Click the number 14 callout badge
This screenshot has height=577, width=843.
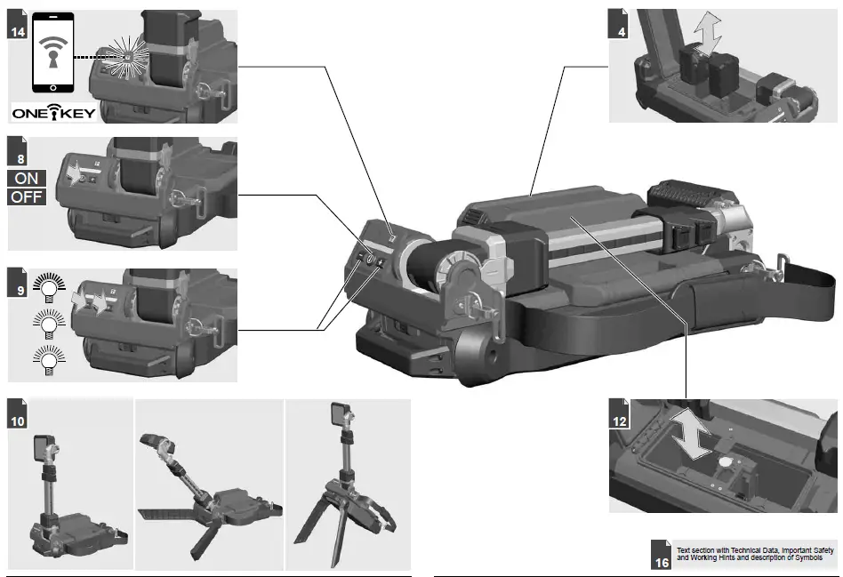point(17,31)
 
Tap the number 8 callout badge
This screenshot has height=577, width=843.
point(17,157)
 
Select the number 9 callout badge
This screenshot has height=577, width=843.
point(17,289)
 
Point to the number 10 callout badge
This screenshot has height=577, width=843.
point(17,421)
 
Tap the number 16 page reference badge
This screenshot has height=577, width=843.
point(662,560)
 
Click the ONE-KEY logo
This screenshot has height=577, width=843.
point(53,113)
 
